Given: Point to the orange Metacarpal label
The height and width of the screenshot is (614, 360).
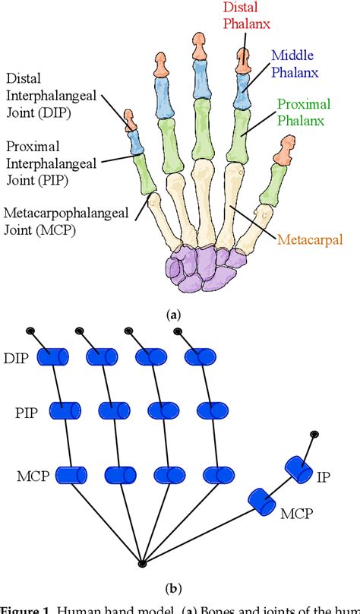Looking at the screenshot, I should [x=309, y=240].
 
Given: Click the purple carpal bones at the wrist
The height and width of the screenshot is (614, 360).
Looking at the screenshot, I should [x=201, y=267].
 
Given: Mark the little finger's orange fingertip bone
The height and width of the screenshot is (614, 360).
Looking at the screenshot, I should [x=130, y=119].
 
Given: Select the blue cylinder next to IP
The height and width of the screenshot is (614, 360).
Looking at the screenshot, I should [x=296, y=467].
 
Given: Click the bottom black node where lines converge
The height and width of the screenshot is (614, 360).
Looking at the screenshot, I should [x=141, y=563].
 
